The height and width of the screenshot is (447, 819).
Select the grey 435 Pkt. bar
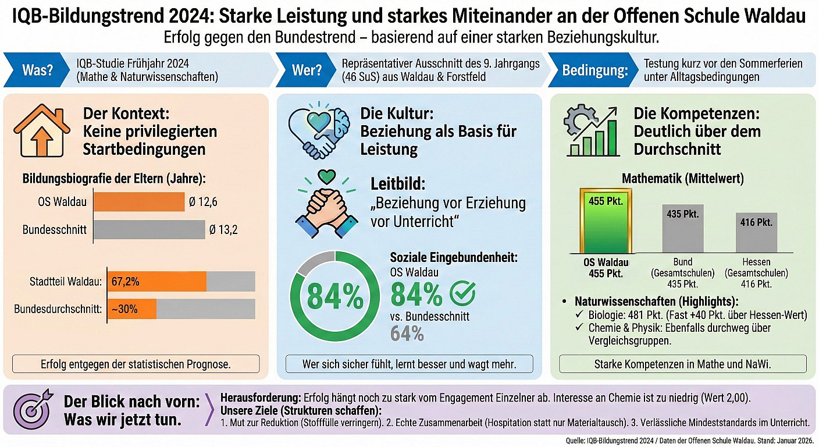point(682,228)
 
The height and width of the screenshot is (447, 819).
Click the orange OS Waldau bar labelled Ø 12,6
point(139,202)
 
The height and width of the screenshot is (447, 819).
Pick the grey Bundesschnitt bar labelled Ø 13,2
point(149,229)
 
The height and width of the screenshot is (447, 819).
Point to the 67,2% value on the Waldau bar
point(125,282)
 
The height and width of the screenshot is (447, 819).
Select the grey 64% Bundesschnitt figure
point(407,334)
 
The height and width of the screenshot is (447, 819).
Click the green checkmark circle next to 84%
point(463,294)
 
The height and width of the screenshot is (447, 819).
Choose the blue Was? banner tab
point(37,70)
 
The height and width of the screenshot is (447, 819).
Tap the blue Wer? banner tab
point(306,70)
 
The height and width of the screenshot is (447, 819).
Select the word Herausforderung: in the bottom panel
point(261,397)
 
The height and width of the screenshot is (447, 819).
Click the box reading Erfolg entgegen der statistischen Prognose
point(136,365)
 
